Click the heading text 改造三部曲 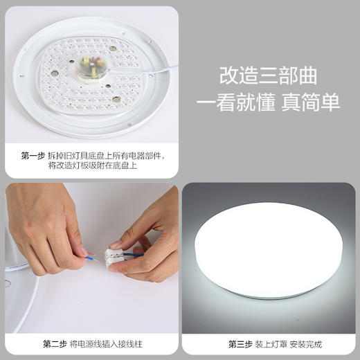pyautogui.click(x=268, y=74)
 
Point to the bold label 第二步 pyautogui.click(x=55, y=343)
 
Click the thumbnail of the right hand pyautogui.click(x=114, y=244)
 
